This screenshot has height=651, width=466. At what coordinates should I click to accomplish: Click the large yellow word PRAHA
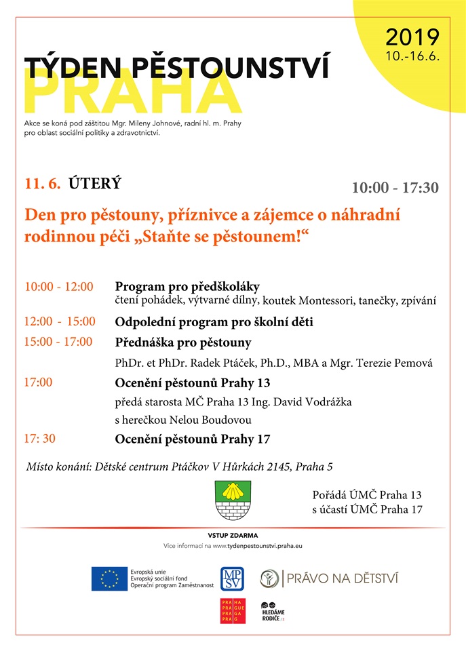tap(133, 93)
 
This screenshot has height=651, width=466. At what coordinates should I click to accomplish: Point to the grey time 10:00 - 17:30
tap(395, 188)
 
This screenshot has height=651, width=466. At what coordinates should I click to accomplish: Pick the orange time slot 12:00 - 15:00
tap(60, 321)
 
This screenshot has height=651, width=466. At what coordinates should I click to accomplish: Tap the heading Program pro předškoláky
tap(187, 286)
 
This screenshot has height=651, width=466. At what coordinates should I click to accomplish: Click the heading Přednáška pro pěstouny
tap(183, 342)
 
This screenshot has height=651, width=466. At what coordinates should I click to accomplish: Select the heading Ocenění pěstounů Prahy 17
tap(193, 439)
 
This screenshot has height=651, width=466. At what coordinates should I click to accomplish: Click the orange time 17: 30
tap(40, 439)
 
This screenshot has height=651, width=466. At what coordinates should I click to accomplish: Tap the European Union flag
tap(109, 578)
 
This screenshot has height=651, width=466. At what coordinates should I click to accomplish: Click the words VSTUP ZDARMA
tap(233, 536)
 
